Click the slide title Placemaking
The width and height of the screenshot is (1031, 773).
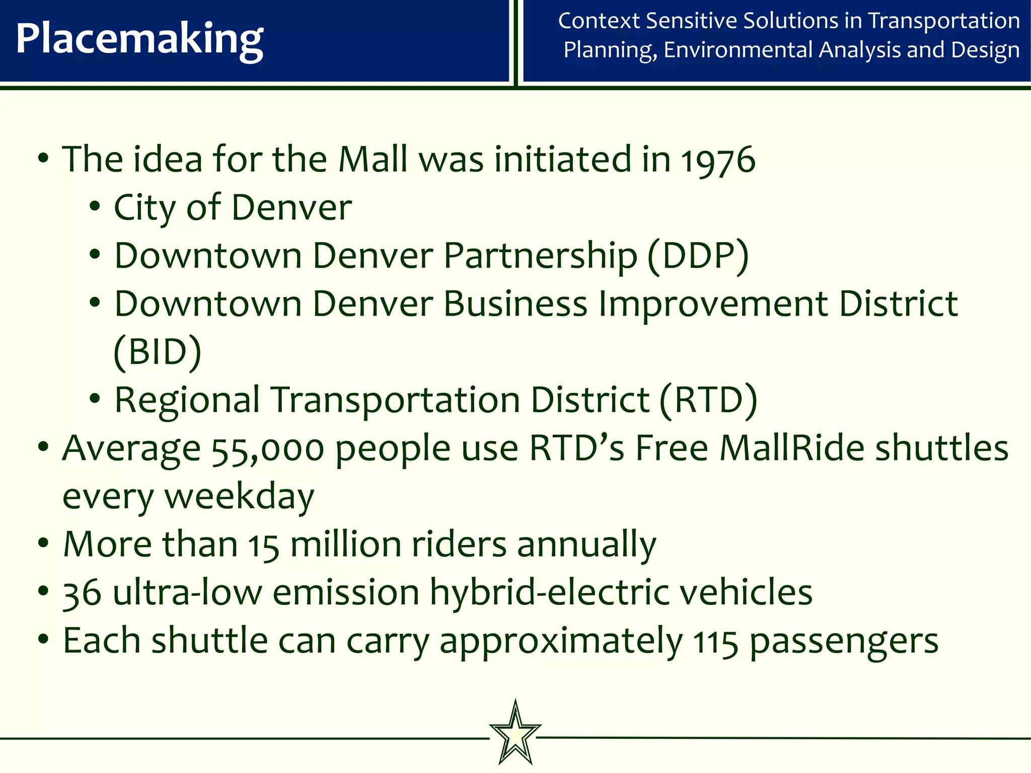coord(139,40)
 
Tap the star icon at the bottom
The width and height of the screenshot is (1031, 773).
coord(515,733)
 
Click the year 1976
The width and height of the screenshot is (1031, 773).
coord(718,160)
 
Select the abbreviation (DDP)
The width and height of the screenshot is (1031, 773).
coord(698,256)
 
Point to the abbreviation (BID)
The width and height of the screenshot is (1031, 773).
coord(158,352)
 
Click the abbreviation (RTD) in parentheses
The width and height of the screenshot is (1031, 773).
coord(708,401)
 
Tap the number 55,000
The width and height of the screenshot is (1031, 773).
coord(268,448)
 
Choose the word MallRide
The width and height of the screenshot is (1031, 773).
coord(792,448)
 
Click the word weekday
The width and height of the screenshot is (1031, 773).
coord(239,497)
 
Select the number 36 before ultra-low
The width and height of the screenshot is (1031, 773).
coord(82,593)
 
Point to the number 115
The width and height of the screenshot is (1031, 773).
coord(715,642)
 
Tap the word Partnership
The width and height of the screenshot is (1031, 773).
coord(540,256)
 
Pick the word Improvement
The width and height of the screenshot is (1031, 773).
coord(713,304)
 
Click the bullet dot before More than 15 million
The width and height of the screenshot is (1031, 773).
coord(43,544)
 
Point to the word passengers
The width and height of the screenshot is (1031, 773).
coord(844,642)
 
